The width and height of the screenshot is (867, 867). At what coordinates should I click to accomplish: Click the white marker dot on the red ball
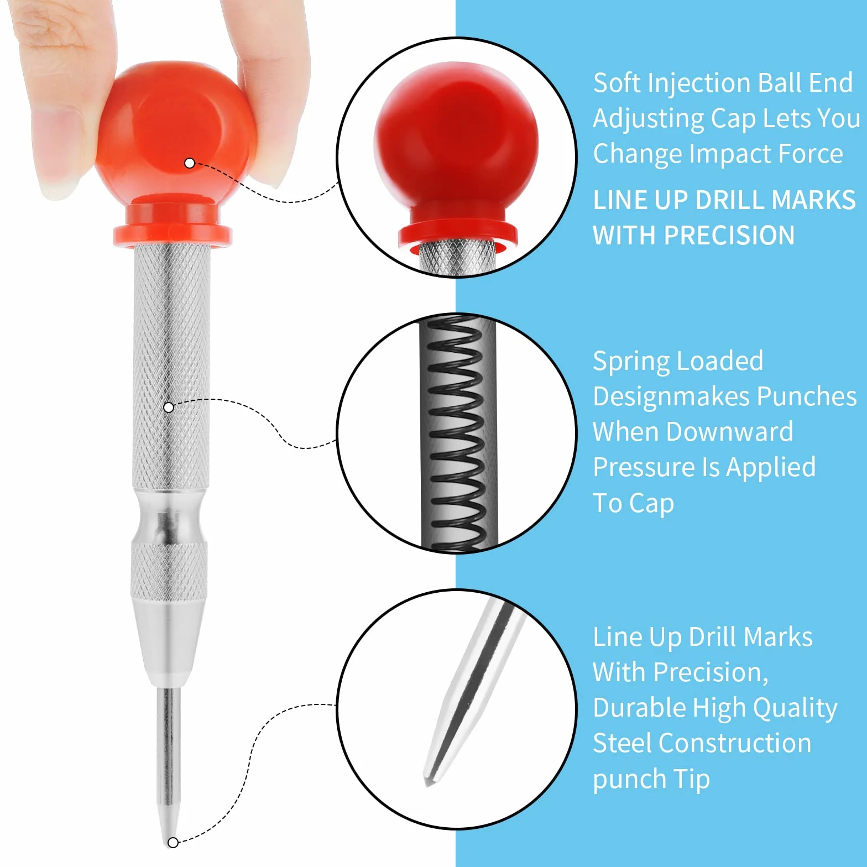[189, 163]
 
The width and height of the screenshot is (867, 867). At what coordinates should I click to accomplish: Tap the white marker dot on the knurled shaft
[169, 408]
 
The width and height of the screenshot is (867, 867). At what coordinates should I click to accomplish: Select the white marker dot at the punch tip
[173, 842]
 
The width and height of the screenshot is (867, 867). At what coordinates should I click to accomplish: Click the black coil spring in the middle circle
[457, 434]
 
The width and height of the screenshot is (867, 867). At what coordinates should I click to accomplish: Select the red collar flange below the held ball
[173, 235]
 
